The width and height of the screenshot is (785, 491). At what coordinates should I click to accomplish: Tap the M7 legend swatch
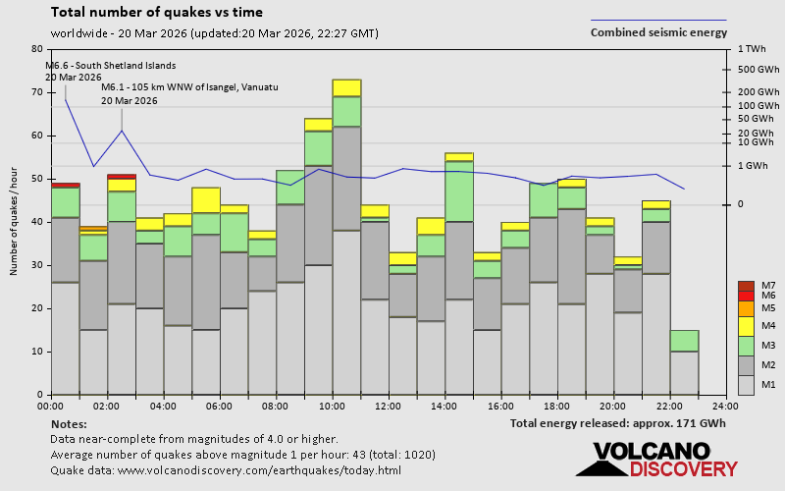click(747, 286)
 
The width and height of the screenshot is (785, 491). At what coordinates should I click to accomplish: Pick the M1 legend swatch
click(747, 384)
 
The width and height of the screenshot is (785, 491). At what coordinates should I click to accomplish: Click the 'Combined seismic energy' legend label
click(658, 32)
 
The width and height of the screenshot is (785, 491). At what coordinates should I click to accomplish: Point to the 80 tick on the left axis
click(37, 49)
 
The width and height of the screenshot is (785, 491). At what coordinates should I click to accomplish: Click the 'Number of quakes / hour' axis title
click(15, 223)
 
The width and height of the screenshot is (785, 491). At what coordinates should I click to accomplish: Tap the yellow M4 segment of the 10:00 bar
click(346, 87)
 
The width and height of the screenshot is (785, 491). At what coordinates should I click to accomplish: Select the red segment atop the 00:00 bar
click(65, 184)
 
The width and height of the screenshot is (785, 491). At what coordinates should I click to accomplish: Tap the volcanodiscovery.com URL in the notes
click(259, 470)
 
